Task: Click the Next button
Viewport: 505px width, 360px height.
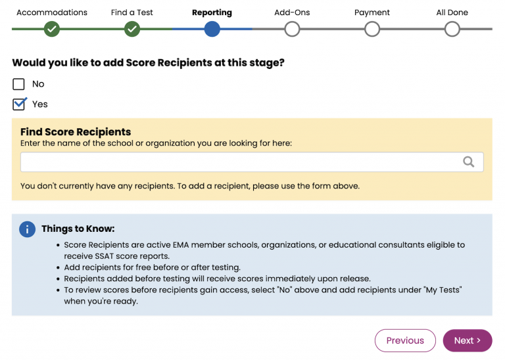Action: tap(467, 340)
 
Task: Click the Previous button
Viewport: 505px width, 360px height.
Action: tap(405, 340)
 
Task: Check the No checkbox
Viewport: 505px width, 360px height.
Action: tap(19, 84)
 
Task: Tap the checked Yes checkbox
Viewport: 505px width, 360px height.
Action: tap(19, 104)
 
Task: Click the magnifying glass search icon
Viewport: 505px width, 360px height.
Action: tap(468, 162)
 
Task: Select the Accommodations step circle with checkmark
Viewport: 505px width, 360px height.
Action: tap(52, 29)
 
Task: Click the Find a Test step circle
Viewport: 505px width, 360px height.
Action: tap(132, 29)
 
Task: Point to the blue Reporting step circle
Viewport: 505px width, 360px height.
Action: tap(212, 29)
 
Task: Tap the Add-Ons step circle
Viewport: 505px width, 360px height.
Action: tap(292, 29)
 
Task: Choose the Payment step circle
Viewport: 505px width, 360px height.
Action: tap(372, 29)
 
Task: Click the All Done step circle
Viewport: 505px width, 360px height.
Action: tap(452, 29)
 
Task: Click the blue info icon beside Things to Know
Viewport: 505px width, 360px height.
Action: tap(27, 229)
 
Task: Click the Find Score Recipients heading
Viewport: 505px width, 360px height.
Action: tap(76, 132)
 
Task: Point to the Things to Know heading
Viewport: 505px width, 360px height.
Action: tap(78, 229)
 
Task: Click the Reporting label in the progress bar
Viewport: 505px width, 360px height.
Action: tap(212, 12)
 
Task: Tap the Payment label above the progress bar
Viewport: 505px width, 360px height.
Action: tap(372, 12)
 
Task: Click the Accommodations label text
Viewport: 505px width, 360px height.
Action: tap(52, 12)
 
